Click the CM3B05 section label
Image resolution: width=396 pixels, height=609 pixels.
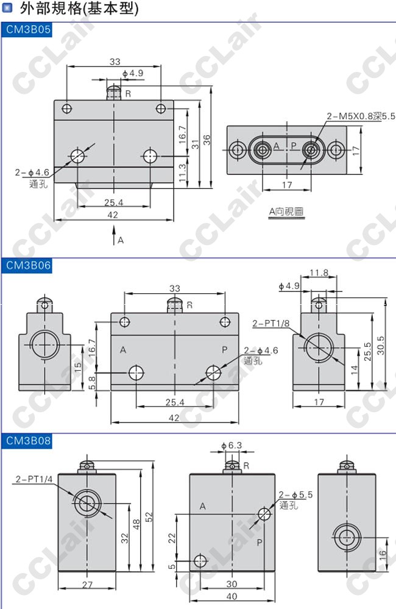(x=28, y=29)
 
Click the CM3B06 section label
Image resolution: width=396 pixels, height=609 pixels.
(x=29, y=266)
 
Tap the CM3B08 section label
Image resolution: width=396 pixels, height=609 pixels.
(x=29, y=440)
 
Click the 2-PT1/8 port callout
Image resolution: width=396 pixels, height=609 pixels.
(x=270, y=324)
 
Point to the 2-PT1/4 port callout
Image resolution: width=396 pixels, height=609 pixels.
(x=34, y=479)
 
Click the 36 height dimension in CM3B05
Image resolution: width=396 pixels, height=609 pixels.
(x=207, y=140)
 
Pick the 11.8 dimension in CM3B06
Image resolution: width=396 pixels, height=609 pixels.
(x=319, y=272)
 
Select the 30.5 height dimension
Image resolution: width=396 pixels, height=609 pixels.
(x=381, y=345)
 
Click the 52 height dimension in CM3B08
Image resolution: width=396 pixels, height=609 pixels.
(x=149, y=516)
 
